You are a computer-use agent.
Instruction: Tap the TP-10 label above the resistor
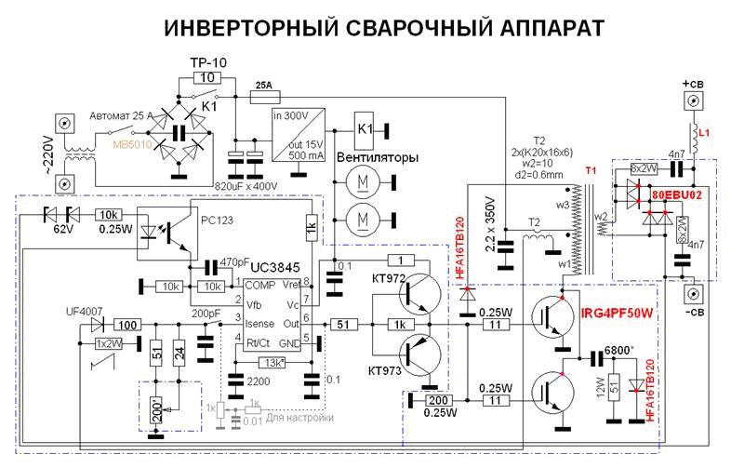pos(209,62)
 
